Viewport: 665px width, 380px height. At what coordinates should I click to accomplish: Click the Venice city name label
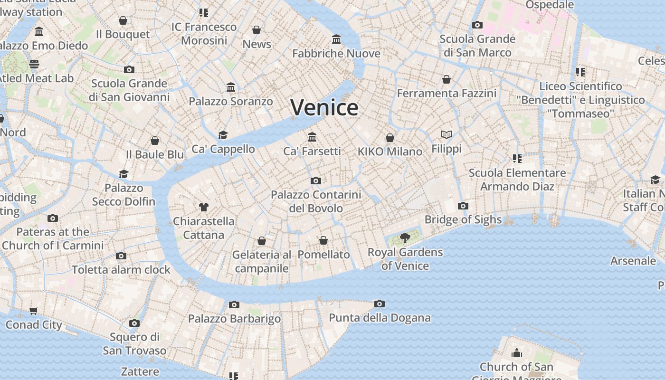click(324, 107)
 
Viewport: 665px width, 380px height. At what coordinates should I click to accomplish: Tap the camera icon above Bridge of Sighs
click(463, 206)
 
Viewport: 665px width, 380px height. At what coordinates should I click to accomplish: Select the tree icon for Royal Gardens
click(405, 238)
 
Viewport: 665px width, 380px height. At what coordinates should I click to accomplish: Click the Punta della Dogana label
click(380, 318)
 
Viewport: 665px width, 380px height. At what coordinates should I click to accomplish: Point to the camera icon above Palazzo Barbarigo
click(234, 304)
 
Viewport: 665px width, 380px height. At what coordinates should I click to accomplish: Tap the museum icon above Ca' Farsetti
click(312, 137)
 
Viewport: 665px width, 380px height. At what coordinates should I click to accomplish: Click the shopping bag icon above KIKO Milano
click(390, 138)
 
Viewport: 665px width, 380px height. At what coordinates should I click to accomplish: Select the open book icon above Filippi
click(446, 135)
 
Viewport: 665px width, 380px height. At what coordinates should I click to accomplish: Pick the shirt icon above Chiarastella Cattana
click(204, 207)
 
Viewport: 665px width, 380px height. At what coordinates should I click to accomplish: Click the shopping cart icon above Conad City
click(34, 311)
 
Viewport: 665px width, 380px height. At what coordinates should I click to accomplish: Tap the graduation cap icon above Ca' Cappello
click(223, 135)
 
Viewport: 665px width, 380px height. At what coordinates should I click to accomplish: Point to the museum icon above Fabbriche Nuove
click(336, 39)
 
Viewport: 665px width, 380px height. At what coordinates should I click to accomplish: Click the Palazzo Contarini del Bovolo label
click(316, 201)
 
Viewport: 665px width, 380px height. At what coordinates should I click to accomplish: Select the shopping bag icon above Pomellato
click(323, 240)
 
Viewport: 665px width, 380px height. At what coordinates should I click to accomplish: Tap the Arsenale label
click(633, 261)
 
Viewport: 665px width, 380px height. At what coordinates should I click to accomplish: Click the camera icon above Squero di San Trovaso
click(134, 323)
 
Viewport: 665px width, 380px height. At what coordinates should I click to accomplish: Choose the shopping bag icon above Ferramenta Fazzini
click(446, 79)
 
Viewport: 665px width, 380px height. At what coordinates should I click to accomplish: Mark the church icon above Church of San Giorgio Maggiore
click(516, 353)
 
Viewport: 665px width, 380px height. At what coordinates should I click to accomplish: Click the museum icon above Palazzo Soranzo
click(231, 87)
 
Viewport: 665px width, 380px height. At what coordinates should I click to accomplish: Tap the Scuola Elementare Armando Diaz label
click(517, 180)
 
